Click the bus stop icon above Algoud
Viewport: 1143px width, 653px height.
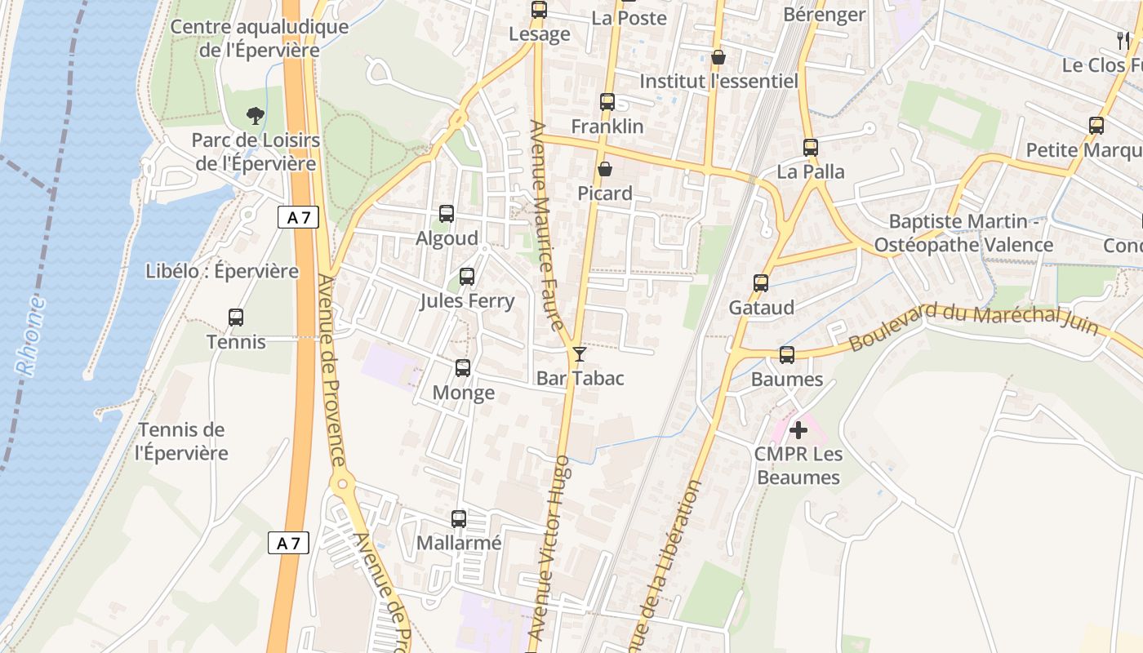447,214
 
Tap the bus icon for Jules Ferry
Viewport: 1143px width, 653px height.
467,277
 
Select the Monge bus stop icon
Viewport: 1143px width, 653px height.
463,368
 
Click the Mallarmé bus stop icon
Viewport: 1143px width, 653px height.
459,518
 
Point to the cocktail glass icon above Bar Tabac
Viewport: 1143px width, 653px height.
580,353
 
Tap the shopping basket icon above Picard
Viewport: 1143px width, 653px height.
605,169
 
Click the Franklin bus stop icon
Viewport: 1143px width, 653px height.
607,102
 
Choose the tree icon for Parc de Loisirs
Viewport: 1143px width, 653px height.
256,116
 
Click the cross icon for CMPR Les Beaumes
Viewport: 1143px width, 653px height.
798,429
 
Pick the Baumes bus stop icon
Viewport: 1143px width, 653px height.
787,355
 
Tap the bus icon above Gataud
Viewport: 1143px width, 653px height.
761,283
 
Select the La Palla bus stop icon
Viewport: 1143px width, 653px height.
811,148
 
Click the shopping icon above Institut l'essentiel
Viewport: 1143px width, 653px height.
718,57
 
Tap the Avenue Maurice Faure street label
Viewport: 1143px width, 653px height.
548,225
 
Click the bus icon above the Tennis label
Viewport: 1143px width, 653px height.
236,318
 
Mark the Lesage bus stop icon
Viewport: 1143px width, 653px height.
539,10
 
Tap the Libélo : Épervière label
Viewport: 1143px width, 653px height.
222,271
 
